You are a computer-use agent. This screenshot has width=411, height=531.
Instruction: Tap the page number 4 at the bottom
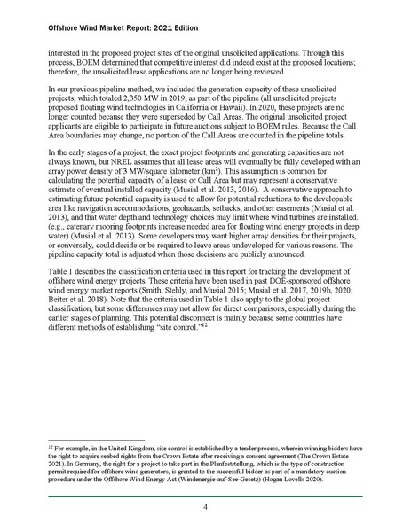click(x=205, y=507)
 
